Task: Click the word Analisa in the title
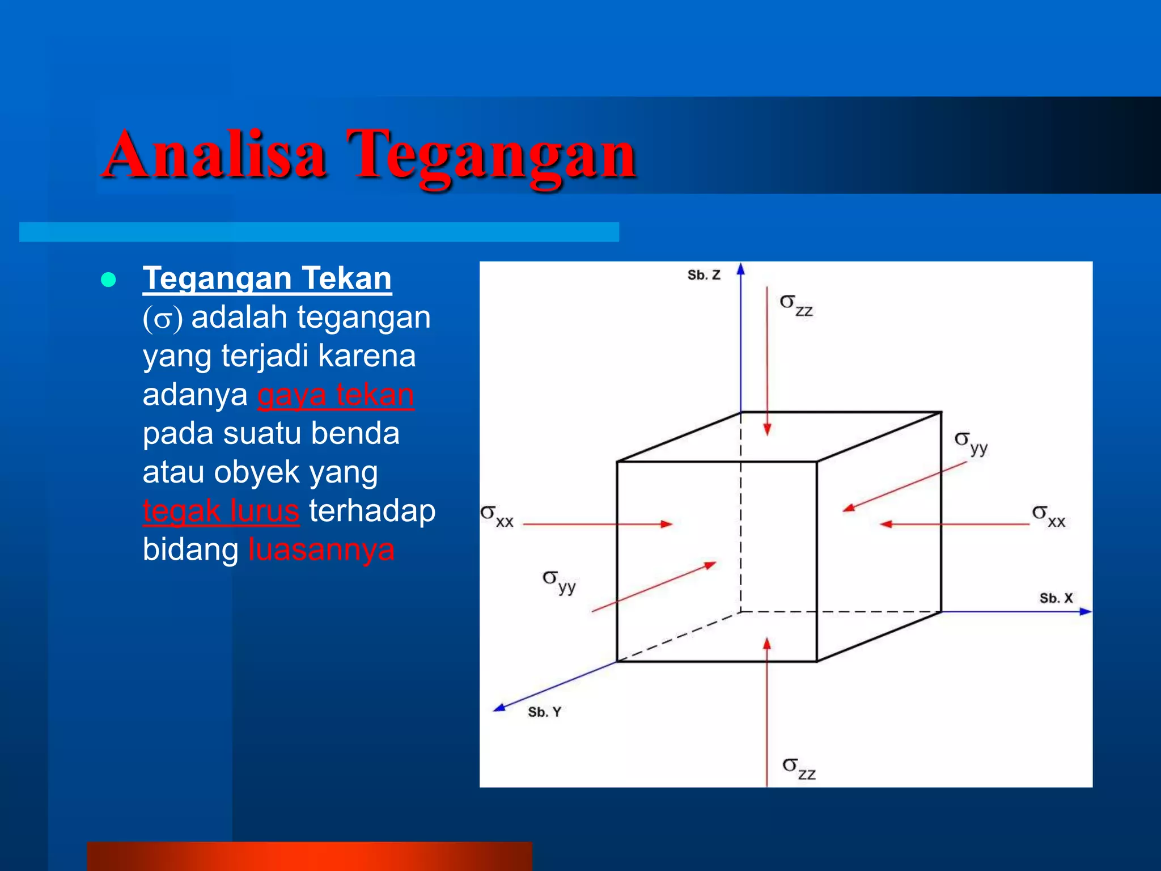point(215,154)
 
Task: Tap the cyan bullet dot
point(108,280)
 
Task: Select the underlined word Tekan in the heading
point(346,278)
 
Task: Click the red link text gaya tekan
point(336,395)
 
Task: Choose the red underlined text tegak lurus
point(221,511)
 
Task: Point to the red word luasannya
point(321,549)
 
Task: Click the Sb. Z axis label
point(704,275)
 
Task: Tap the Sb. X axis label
point(1056,598)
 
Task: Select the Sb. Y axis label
point(544,712)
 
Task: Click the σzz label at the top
point(796,305)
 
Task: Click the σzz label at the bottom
point(799,768)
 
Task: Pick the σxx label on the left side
point(497,516)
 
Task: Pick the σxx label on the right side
point(1048,516)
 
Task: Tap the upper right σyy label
point(971,442)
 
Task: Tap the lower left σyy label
point(559,581)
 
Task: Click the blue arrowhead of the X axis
point(1085,612)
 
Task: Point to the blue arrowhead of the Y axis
point(499,707)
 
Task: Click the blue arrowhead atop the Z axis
point(740,269)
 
